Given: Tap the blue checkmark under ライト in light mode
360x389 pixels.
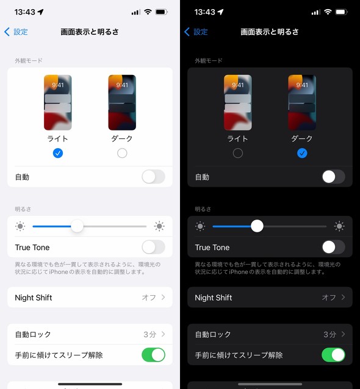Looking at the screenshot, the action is click(x=58, y=153).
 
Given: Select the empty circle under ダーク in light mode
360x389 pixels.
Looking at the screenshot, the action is click(x=122, y=153).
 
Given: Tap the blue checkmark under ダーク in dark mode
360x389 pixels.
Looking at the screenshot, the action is click(x=302, y=153).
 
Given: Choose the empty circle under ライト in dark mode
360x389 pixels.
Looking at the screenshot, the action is click(x=238, y=153).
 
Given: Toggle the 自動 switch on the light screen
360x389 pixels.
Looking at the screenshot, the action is click(x=153, y=177).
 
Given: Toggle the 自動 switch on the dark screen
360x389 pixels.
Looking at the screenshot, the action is click(x=333, y=177).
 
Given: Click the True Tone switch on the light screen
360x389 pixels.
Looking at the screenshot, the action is click(x=153, y=247).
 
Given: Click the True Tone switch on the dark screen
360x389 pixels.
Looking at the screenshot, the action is click(x=333, y=247).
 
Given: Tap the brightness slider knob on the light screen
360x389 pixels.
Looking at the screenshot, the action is click(x=77, y=226).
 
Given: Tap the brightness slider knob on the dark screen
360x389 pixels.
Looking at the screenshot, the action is click(x=257, y=226).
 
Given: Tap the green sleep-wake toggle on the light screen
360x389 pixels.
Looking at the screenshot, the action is click(x=153, y=355).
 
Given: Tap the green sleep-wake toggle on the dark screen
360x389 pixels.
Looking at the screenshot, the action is click(x=333, y=355).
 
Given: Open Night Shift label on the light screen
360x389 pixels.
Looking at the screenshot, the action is click(x=34, y=298).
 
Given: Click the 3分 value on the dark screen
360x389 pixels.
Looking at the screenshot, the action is click(x=329, y=334).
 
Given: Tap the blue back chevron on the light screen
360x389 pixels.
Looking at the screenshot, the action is click(x=7, y=32).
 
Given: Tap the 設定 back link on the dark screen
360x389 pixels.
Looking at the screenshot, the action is click(x=201, y=32).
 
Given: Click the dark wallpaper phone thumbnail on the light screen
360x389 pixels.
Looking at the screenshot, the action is click(x=122, y=102).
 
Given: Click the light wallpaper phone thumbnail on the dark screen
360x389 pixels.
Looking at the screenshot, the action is click(x=238, y=102).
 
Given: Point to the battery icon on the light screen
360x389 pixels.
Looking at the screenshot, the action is click(x=161, y=12).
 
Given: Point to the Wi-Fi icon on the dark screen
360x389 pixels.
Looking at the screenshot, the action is click(x=328, y=12).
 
